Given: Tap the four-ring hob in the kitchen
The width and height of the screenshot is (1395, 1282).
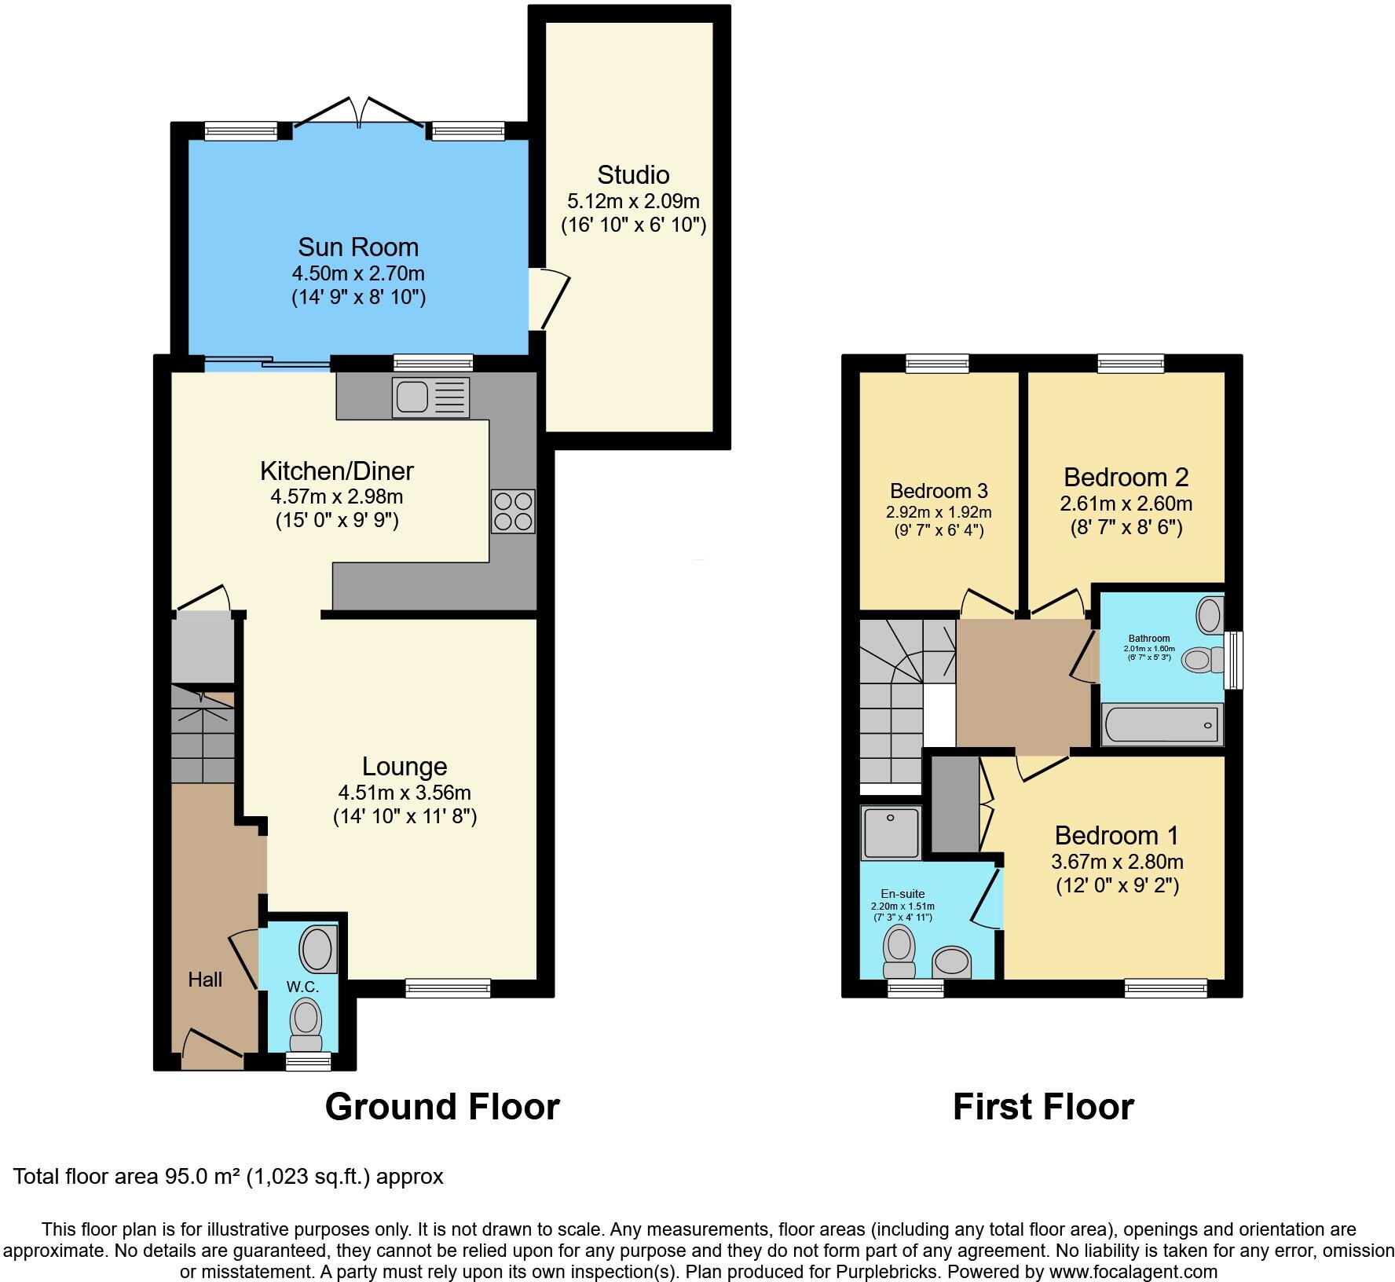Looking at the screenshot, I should coord(513,511).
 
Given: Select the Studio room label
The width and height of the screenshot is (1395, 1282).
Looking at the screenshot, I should coord(633,174).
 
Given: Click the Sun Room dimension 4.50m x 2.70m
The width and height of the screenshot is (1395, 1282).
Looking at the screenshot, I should coord(358,273).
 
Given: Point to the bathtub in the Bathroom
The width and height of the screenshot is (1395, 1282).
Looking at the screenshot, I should coord(1162,724).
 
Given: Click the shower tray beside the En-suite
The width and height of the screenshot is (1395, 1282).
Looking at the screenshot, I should coord(891,833).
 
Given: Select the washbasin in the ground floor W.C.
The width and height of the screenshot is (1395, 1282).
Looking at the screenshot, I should coord(317,950).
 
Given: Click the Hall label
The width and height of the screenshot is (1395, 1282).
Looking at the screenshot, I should coord(205,980).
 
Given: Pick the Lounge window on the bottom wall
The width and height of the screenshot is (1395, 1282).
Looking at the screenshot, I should coord(448,988).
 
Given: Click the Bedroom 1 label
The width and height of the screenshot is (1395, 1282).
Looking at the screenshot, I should coord(1116,835).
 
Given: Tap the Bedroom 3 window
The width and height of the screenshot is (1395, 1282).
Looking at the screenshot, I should coord(937,363).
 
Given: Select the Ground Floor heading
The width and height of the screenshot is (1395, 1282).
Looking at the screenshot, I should coord(442,1107).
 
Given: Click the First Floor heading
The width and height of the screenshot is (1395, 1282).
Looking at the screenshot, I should coord(1043,1107).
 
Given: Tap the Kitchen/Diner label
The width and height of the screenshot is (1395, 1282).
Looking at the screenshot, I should coord(337,471).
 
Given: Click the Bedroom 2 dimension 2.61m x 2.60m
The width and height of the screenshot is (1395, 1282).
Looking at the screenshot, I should coord(1126,504).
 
